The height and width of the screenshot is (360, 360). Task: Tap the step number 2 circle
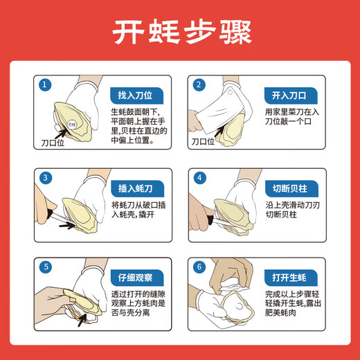199,85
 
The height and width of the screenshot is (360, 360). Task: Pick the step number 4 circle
199,178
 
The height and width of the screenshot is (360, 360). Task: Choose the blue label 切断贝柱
289,187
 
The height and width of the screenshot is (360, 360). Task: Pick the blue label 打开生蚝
289,278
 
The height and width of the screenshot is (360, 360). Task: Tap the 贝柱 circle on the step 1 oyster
71,125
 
